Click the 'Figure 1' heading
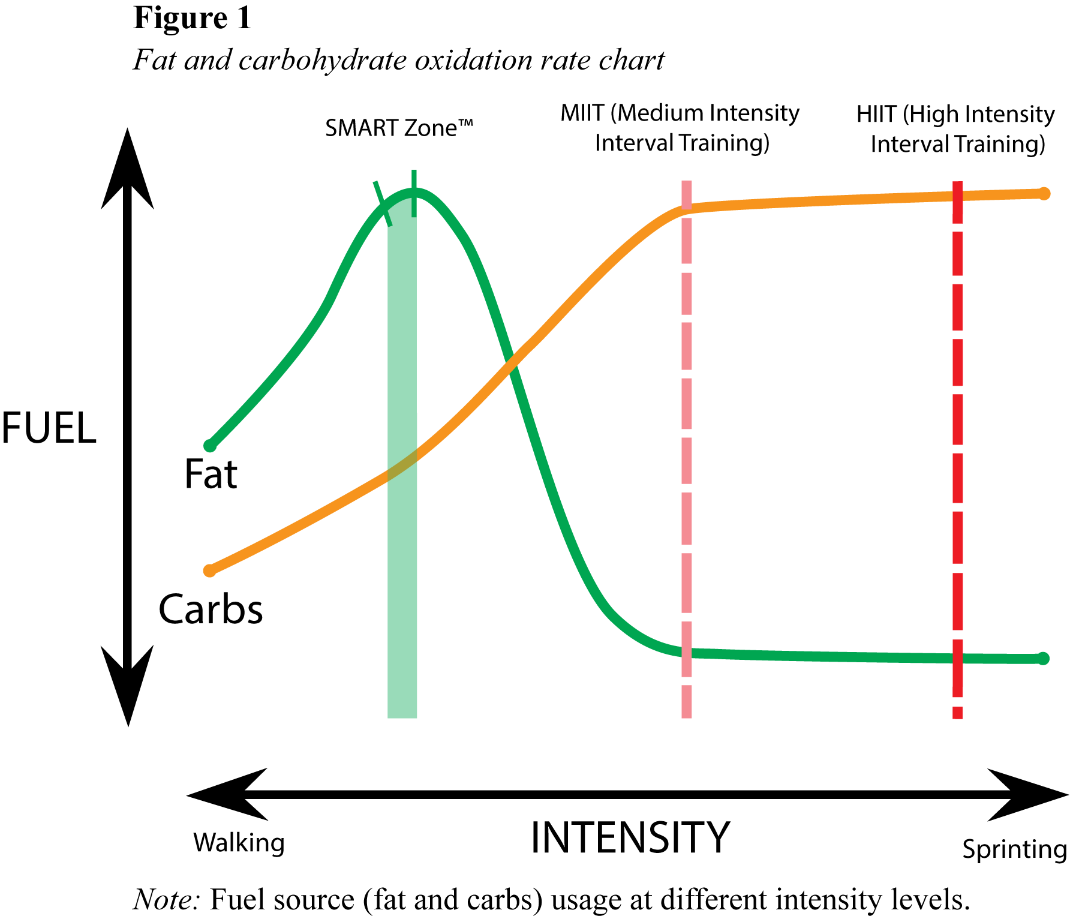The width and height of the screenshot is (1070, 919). click(192, 18)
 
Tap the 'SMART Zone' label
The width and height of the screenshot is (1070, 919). click(399, 128)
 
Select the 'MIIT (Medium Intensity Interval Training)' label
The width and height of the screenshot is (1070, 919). click(680, 128)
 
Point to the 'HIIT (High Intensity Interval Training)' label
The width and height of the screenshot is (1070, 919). click(956, 129)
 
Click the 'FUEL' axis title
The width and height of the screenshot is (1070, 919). click(48, 428)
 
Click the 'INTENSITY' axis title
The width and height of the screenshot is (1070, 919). click(630, 837)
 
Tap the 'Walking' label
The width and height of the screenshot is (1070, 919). click(239, 843)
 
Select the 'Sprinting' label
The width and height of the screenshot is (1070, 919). click(1014, 849)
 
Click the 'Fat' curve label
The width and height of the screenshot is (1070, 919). click(211, 474)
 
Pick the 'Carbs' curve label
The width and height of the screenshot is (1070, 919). click(211, 609)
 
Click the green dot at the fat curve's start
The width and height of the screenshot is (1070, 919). click(210, 446)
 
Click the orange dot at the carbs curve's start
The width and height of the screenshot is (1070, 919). click(209, 570)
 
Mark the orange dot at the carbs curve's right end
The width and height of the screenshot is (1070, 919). click(1044, 194)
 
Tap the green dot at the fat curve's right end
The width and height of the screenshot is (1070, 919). click(1043, 658)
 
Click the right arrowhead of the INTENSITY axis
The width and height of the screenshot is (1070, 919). click(1032, 795)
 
